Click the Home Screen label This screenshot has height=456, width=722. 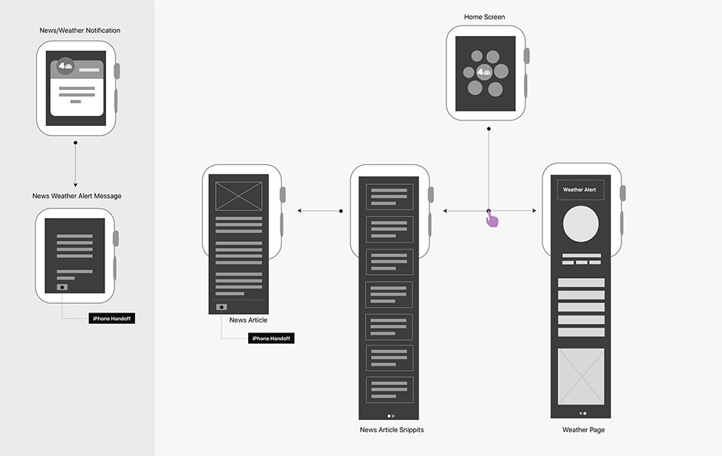pyautogui.click(x=485, y=17)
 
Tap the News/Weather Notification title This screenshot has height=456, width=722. pyautogui.click(x=80, y=31)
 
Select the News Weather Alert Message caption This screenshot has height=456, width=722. pyautogui.click(x=77, y=196)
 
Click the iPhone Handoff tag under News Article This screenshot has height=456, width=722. pyautogui.click(x=271, y=338)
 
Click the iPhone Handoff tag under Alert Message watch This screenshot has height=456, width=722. pyautogui.click(x=111, y=318)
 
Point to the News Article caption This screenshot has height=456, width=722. pyautogui.click(x=248, y=320)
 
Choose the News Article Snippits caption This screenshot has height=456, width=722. pyautogui.click(x=392, y=430)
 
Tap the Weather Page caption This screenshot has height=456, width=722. pyautogui.click(x=583, y=430)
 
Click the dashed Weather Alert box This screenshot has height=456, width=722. pyautogui.click(x=580, y=190)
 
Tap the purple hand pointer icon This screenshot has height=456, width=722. pyautogui.click(x=492, y=220)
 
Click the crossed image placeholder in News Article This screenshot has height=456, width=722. pyautogui.click(x=239, y=196)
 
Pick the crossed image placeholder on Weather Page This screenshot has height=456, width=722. pyautogui.click(x=581, y=375)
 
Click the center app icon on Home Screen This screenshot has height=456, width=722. pyautogui.click(x=484, y=73)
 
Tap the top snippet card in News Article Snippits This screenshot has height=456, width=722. pyautogui.click(x=389, y=197)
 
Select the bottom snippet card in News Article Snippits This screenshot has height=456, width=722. pyautogui.click(x=389, y=389)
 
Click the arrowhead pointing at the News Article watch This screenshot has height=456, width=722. pyautogui.click(x=300, y=210)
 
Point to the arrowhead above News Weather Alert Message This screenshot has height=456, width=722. pyautogui.click(x=75, y=184)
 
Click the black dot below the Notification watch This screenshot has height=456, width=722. pyautogui.click(x=75, y=143)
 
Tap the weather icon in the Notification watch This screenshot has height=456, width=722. pyautogui.click(x=66, y=67)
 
